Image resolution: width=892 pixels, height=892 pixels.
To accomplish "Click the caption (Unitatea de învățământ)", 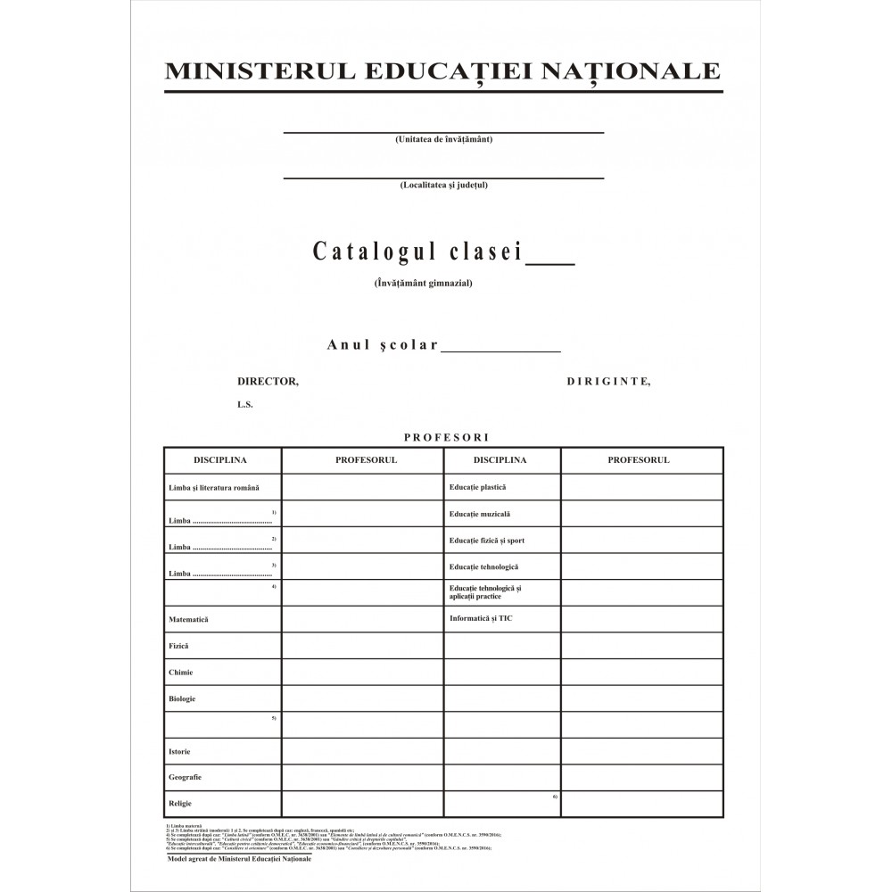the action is (x=444, y=140).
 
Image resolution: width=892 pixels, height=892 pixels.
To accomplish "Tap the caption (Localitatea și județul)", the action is (x=444, y=186).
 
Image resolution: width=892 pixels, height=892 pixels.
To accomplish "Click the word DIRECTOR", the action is (x=268, y=381).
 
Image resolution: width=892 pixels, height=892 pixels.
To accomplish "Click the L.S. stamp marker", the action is (x=245, y=404).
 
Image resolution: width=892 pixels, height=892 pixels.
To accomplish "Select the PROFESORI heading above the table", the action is (x=443, y=437).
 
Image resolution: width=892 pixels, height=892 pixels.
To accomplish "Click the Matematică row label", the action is (x=188, y=619).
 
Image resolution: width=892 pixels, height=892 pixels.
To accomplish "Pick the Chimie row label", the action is (x=181, y=673).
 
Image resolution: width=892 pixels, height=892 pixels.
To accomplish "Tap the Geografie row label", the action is (x=185, y=778).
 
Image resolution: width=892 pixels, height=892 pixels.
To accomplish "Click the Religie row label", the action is (x=181, y=804).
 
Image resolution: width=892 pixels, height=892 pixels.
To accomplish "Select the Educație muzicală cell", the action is (x=480, y=514).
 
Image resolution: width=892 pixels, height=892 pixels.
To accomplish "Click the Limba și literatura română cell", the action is (x=214, y=488).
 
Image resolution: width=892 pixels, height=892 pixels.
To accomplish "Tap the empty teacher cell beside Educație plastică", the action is (x=641, y=487).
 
